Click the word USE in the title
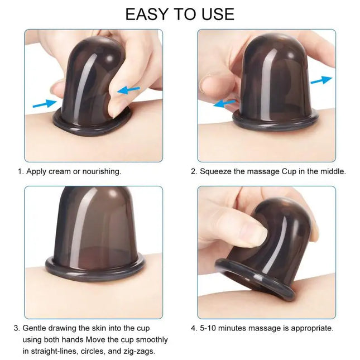tap(215, 13)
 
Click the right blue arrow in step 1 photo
tap(129, 88)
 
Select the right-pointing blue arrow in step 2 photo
tap(321, 80)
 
